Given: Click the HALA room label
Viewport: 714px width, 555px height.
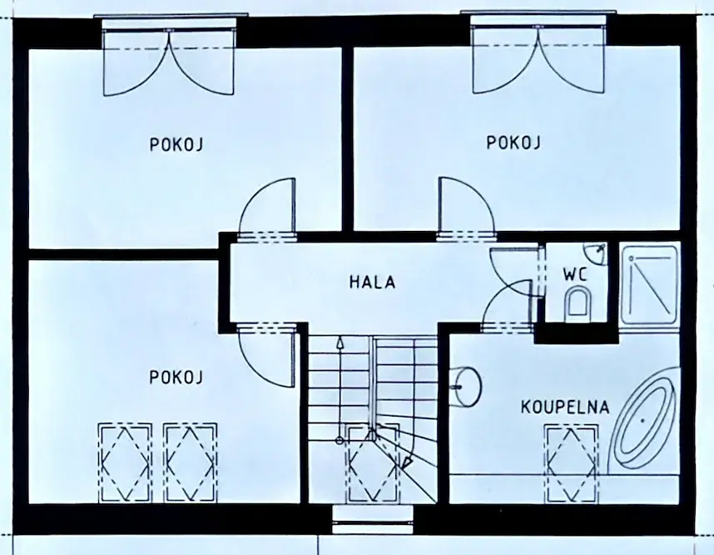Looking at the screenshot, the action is [372, 282].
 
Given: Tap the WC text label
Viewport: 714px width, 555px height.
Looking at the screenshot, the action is [575, 274].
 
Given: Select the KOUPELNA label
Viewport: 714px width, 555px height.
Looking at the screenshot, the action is [565, 407].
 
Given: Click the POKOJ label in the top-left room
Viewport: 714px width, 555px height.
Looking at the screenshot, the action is [176, 144].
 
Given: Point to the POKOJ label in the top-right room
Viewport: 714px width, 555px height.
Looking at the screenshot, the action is [513, 142].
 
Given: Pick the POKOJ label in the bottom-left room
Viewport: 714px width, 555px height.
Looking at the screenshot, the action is [176, 377].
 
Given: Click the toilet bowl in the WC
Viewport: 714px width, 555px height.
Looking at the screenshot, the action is [578, 302].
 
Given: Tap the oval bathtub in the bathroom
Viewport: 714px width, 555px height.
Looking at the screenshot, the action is [643, 418].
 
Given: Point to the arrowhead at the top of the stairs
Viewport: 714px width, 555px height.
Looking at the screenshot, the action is [340, 342].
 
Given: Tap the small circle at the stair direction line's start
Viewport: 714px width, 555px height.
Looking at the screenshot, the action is [340, 441].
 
